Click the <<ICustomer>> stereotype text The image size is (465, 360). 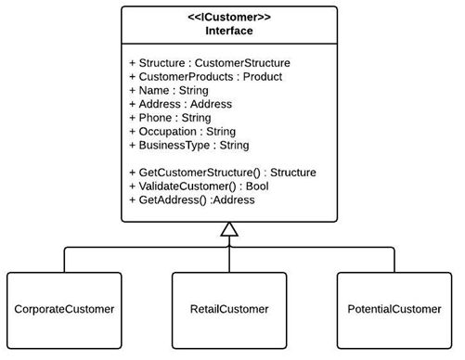[x=229, y=16]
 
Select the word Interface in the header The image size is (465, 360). [x=229, y=30]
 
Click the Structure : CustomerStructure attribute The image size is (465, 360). [x=209, y=62]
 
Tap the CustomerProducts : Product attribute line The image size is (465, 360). [x=205, y=76]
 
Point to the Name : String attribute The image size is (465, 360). [x=168, y=90]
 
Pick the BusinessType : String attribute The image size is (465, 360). [x=188, y=146]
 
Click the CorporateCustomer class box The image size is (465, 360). [x=64, y=309]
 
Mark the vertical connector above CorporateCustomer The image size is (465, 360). [x=64, y=260]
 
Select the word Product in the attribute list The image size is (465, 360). [x=263, y=76]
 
